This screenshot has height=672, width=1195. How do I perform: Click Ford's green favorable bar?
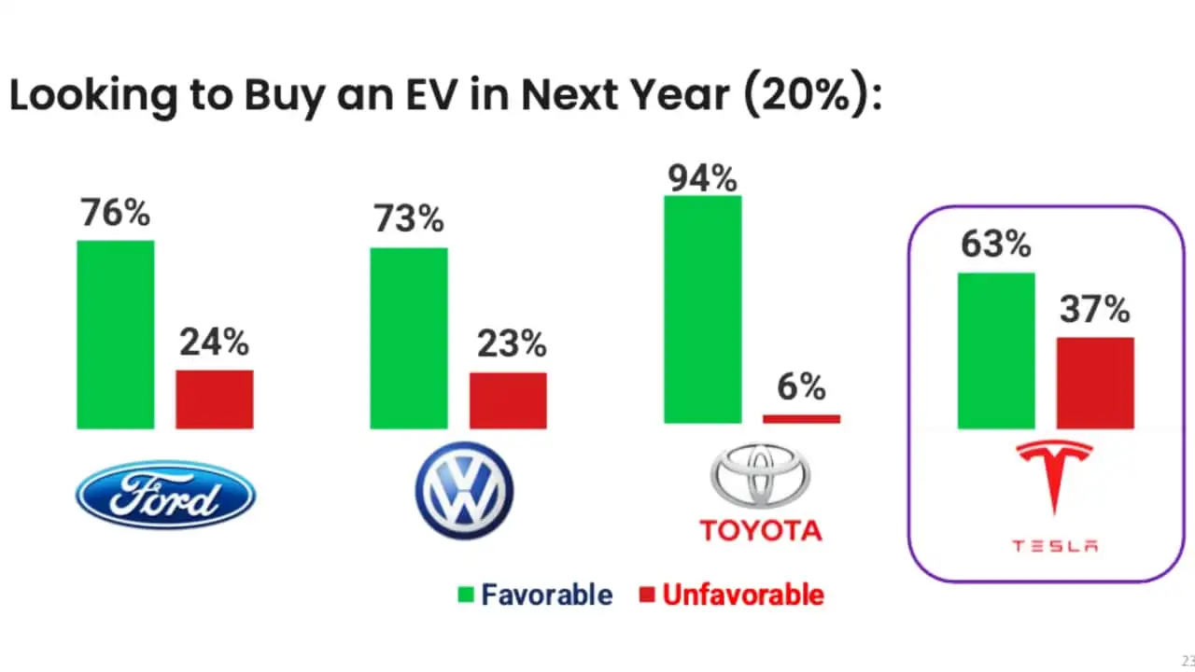pos(115,334)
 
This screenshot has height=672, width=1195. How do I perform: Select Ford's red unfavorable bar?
pos(214,399)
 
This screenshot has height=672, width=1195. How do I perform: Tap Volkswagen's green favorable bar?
pos(408,338)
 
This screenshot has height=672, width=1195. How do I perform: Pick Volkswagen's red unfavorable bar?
pos(508,400)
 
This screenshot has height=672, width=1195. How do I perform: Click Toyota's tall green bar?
pos(702,309)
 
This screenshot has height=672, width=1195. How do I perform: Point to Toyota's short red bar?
pos(801,419)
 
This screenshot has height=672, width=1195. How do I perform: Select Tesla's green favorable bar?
pos(996,351)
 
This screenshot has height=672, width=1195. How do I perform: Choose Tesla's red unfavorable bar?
pos(1095,383)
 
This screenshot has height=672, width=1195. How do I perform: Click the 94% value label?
pos(702,177)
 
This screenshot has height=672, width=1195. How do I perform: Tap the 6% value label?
pos(801,385)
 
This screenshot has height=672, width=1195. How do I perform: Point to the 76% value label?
pos(115,213)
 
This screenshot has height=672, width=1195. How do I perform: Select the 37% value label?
pos(1095,309)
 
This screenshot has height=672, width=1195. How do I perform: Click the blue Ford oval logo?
pos(165,495)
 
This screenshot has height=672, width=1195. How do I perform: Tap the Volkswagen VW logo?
pos(464,491)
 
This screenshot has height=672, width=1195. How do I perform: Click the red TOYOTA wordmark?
pos(761,530)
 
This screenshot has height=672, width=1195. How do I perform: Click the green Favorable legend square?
pos(465,595)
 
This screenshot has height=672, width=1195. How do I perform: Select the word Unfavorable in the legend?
pos(743,595)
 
